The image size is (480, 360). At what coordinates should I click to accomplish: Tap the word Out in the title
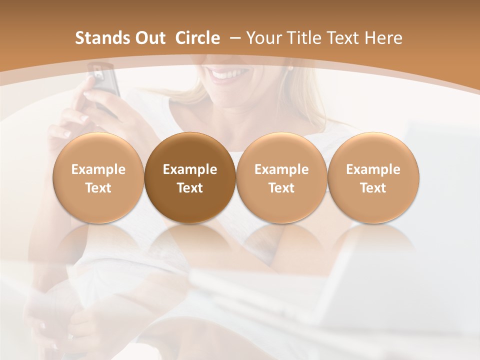tap(148, 38)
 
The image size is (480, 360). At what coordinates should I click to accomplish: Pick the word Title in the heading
tap(303, 38)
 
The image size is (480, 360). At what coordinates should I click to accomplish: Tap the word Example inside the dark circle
tap(190, 169)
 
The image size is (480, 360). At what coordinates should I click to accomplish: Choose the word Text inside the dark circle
tap(190, 188)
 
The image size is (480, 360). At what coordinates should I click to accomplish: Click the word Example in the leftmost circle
tap(98, 169)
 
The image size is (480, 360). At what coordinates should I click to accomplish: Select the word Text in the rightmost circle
tap(373, 188)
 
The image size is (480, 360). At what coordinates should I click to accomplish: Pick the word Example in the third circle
tap(281, 169)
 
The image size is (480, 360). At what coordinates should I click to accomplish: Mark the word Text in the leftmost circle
tap(98, 188)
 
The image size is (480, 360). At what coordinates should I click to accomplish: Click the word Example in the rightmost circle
tap(373, 169)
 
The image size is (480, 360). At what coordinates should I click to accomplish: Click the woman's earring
tap(290, 67)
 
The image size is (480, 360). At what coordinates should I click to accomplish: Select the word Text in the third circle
tap(281, 188)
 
